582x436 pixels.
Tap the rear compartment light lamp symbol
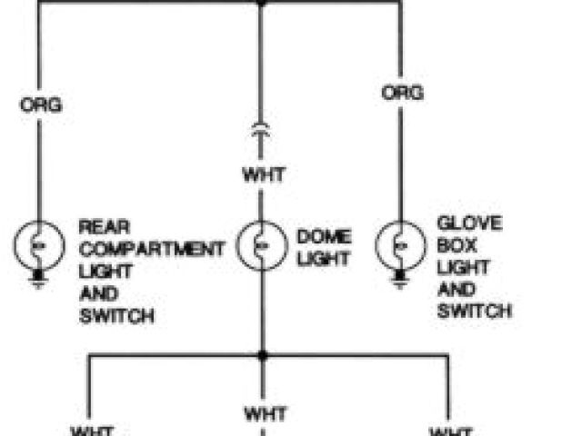click(37, 245)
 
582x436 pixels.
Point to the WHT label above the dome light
click(262, 173)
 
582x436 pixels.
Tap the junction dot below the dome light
click(262, 354)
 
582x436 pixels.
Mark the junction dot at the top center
click(262, 3)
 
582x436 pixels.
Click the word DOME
click(323, 237)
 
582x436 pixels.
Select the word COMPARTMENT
click(151, 248)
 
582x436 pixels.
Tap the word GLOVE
click(469, 223)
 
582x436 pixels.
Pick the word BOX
click(454, 245)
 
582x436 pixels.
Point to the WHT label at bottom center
click(265, 413)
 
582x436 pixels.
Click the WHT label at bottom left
click(91, 429)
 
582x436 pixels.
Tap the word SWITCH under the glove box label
click(474, 312)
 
